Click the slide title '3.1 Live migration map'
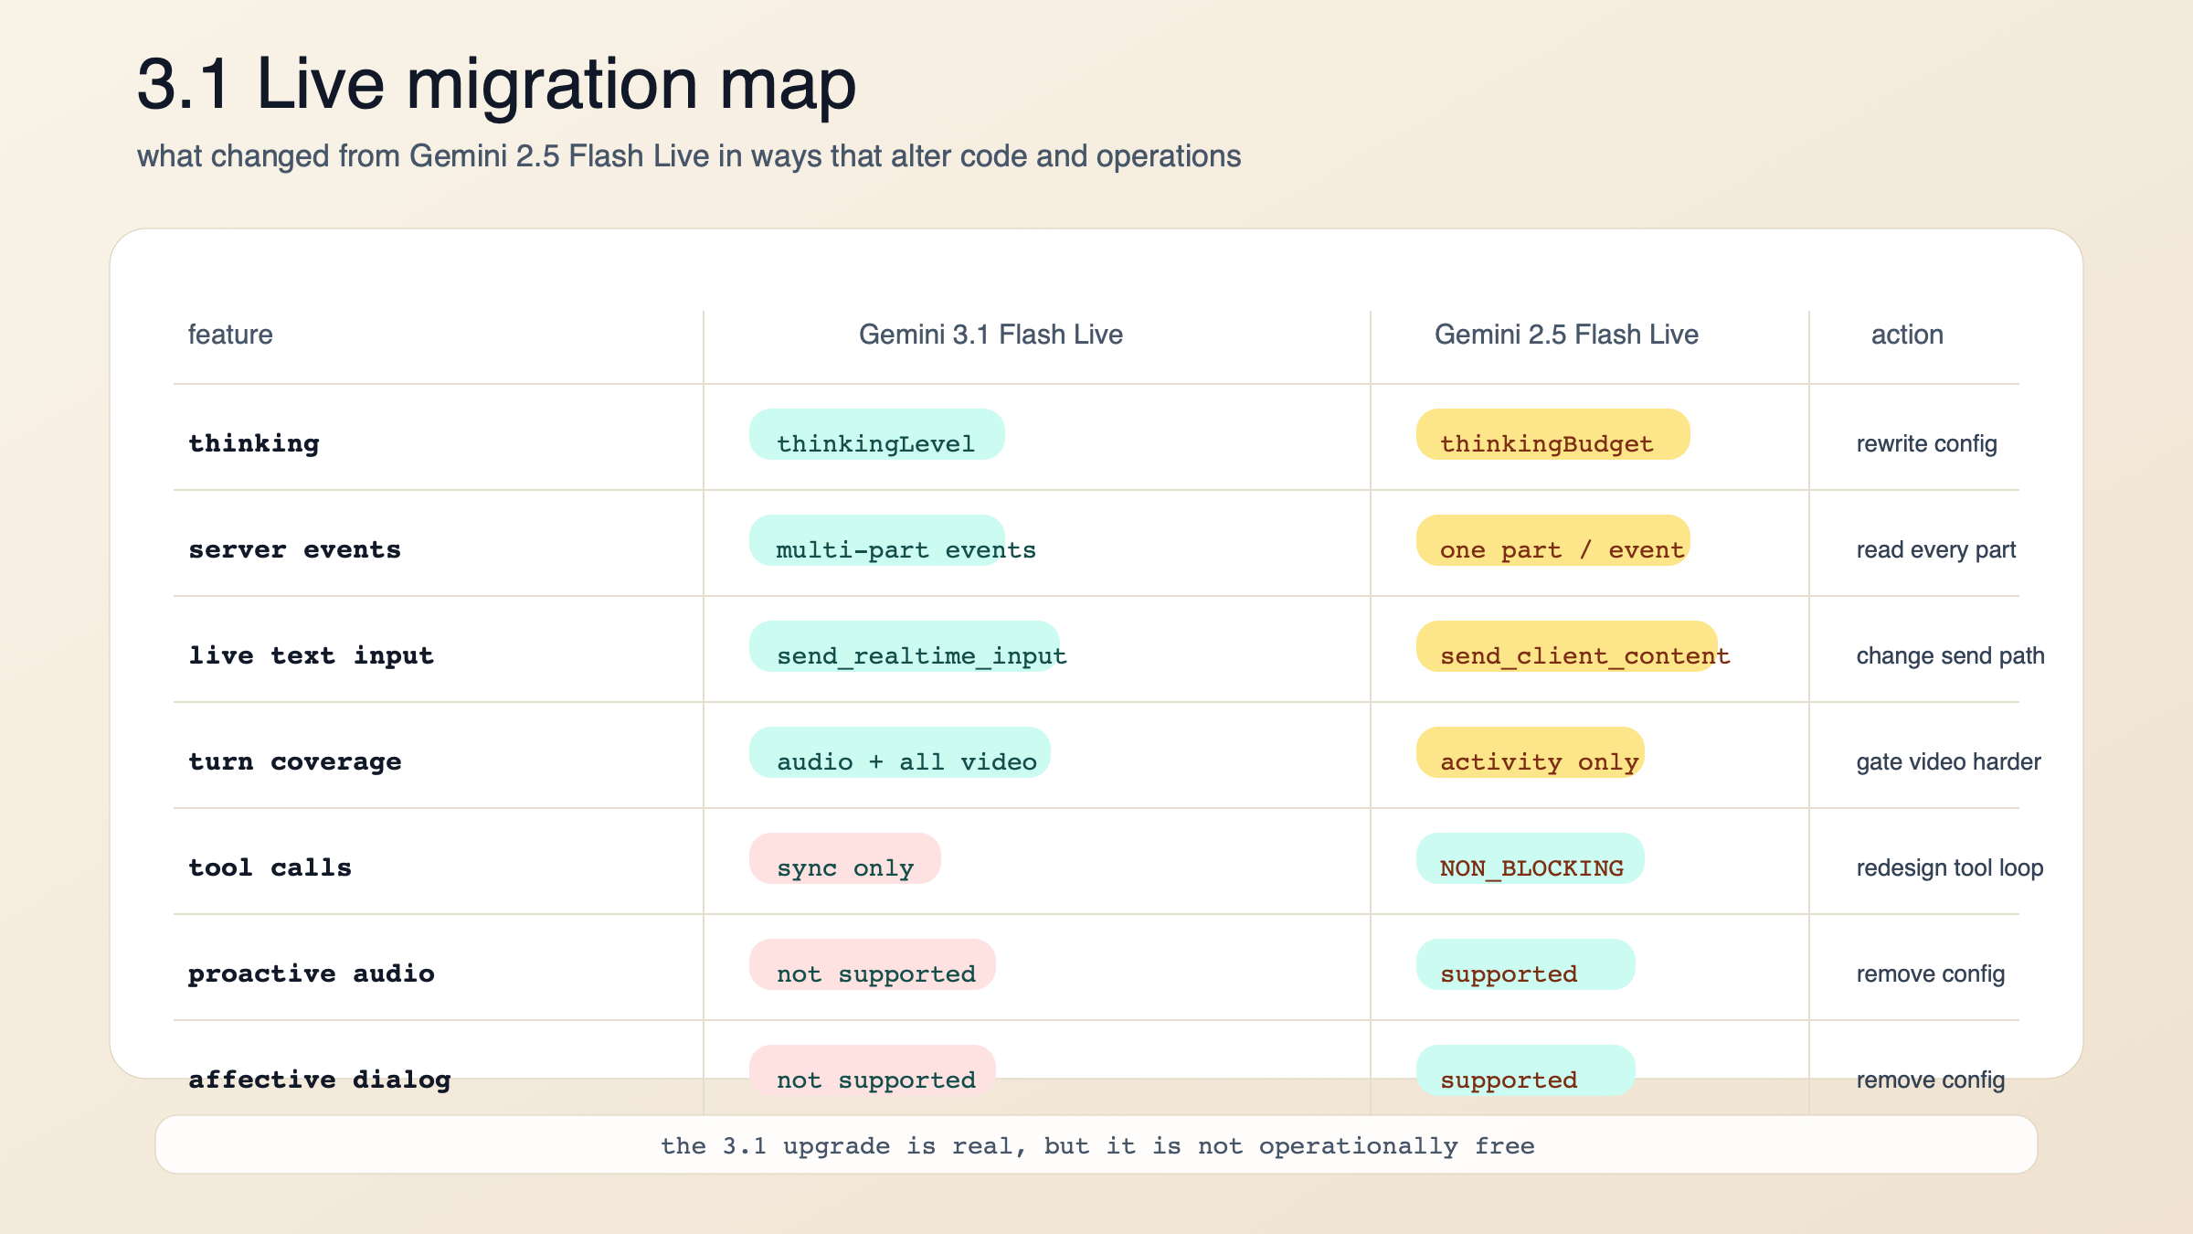pyautogui.click(x=496, y=84)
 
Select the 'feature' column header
pyautogui.click(x=230, y=335)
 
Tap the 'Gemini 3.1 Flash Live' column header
pyautogui.click(x=991, y=335)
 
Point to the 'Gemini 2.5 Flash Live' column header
pyautogui.click(x=1566, y=335)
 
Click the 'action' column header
pyautogui.click(x=1907, y=335)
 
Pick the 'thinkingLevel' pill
pyautogui.click(x=876, y=436)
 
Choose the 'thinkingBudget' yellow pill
pyautogui.click(x=1552, y=436)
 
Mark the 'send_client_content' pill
pyautogui.click(x=1566, y=648)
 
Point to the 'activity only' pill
pyautogui.click(x=1531, y=754)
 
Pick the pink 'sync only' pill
pyautogui.click(x=845, y=860)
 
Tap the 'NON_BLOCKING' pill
pyautogui.click(x=1531, y=860)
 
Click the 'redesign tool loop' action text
pyautogui.click(x=1950, y=867)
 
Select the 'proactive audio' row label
pyautogui.click(x=312, y=973)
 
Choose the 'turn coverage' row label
pyautogui.click(x=295, y=761)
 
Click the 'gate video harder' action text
pyautogui.click(x=1948, y=761)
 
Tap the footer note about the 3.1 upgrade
pyautogui.click(x=1096, y=1145)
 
